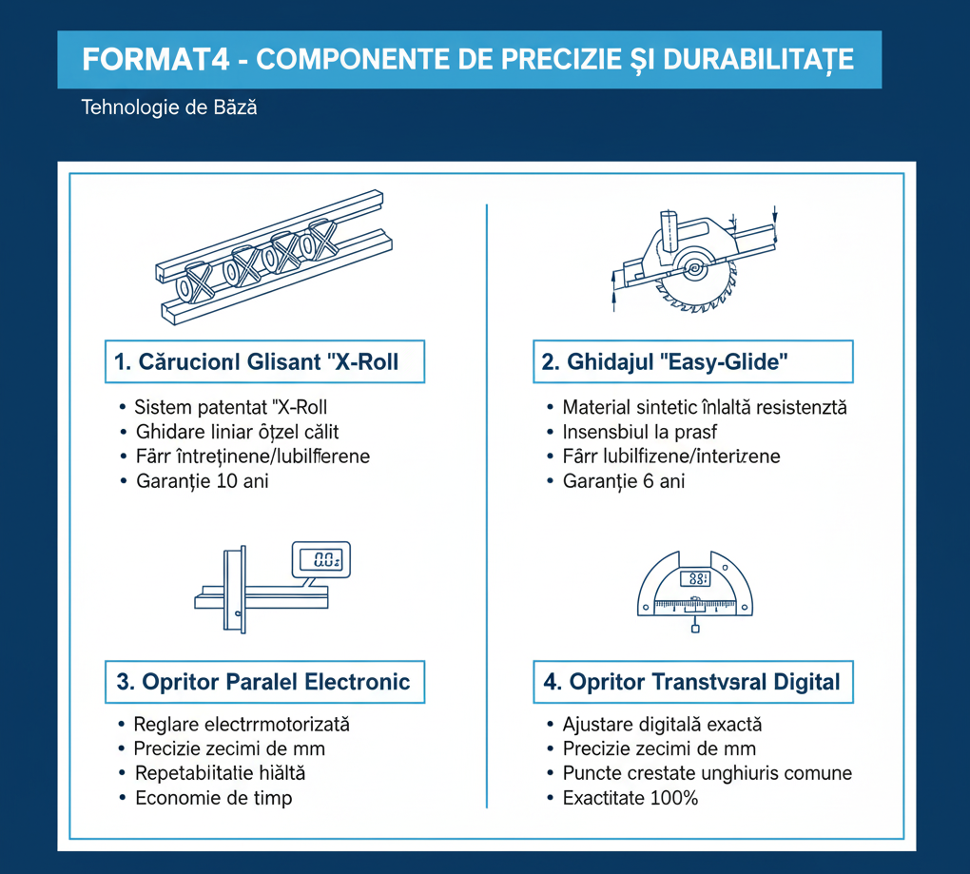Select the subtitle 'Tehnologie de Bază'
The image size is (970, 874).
click(x=169, y=107)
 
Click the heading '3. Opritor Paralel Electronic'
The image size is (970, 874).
click(x=263, y=682)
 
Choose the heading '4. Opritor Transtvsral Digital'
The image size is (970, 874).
click(x=691, y=682)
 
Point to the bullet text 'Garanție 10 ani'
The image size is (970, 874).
click(x=202, y=481)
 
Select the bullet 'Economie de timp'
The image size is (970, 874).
click(x=213, y=798)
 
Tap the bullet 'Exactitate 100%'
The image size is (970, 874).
click(x=630, y=798)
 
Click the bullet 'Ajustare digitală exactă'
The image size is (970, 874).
click(x=662, y=725)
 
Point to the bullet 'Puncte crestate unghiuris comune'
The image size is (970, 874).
click(x=707, y=773)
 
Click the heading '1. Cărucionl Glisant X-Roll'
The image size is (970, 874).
click(x=263, y=362)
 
